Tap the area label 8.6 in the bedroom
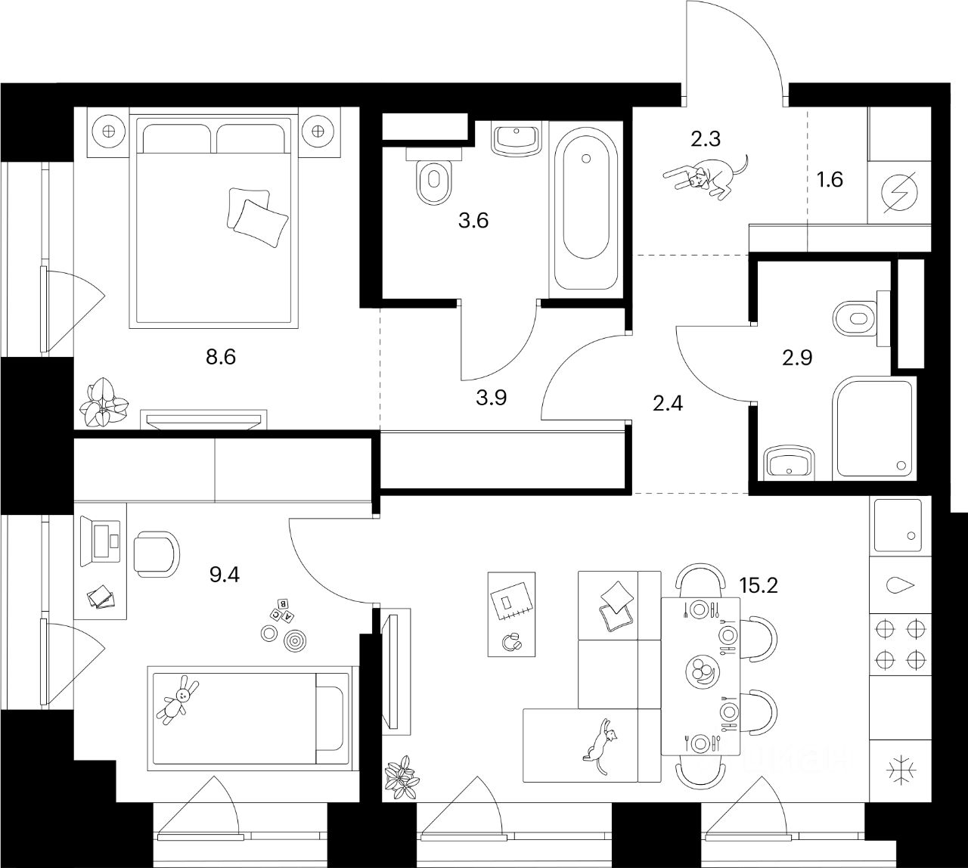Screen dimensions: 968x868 pos(222,356)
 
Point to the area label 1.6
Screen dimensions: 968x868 pos(829,180)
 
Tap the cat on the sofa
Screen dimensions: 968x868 pos(600,748)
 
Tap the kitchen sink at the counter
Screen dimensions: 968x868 pos(899,525)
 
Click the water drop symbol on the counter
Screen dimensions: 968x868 pos(900,586)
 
